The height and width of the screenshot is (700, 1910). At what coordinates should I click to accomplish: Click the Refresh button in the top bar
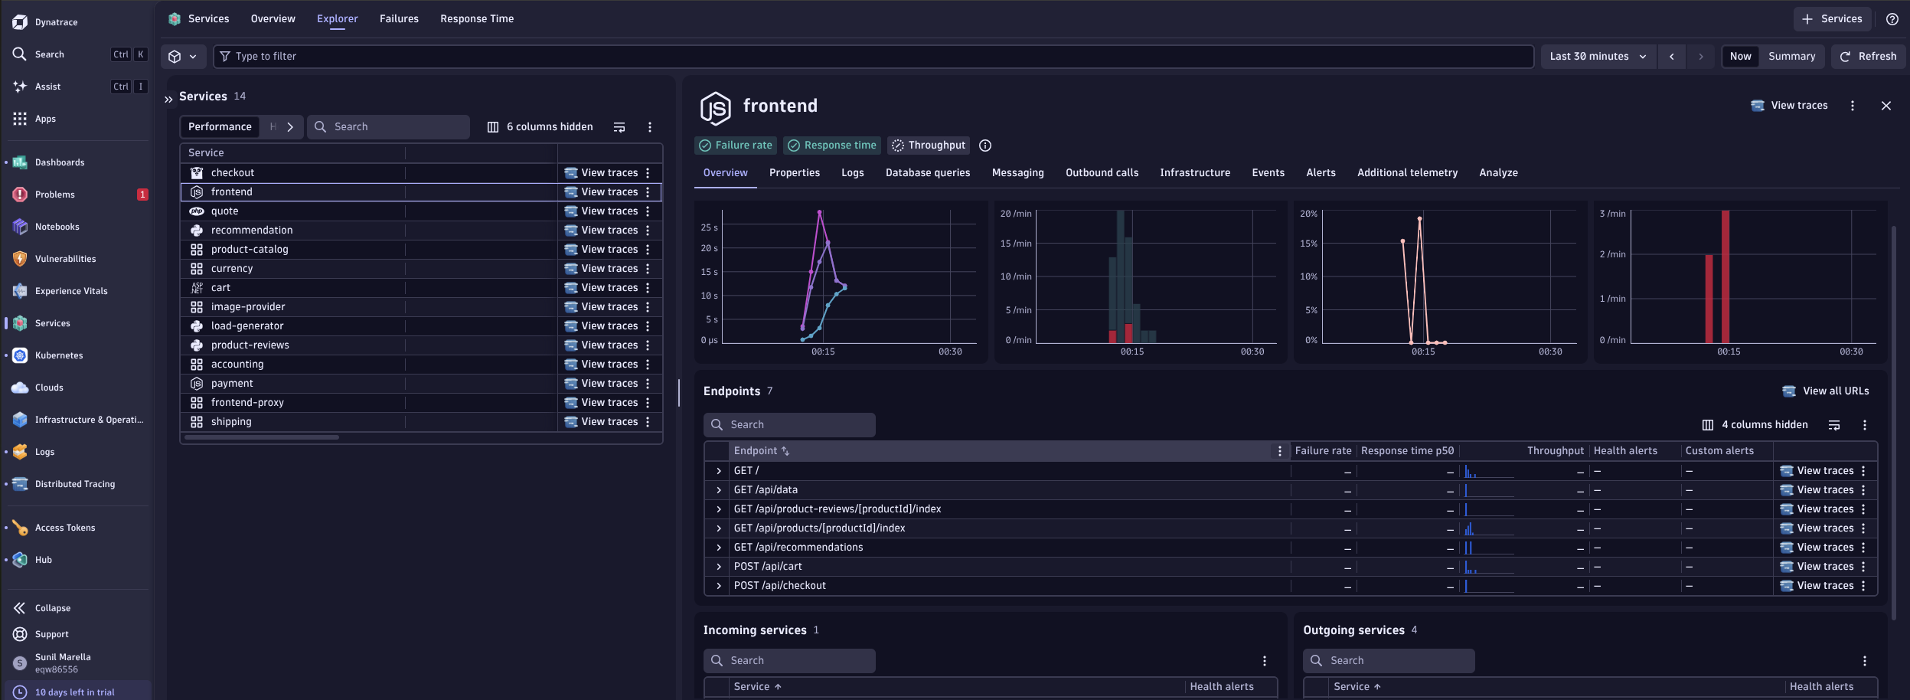click(x=1868, y=56)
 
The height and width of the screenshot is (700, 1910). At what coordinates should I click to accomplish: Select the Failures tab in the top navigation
click(x=399, y=18)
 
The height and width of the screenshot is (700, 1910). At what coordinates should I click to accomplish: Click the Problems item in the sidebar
click(x=55, y=195)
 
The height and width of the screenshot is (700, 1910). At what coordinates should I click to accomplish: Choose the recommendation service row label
click(x=252, y=231)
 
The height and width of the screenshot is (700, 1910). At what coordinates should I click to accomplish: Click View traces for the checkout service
click(x=602, y=173)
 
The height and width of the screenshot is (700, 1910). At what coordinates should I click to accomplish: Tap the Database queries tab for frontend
click(x=928, y=173)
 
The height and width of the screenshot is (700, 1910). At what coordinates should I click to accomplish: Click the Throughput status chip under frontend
click(x=929, y=146)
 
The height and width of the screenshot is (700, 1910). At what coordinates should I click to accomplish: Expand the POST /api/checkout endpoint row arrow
click(x=719, y=586)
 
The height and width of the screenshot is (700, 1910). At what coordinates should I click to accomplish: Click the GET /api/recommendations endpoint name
click(x=798, y=548)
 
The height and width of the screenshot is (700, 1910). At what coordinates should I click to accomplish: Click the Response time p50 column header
click(x=1407, y=451)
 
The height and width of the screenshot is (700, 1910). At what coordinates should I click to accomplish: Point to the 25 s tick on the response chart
click(x=709, y=227)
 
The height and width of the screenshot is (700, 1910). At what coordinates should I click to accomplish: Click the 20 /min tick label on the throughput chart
click(x=1016, y=214)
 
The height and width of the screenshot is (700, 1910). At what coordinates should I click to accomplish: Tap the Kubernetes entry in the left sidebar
click(x=59, y=355)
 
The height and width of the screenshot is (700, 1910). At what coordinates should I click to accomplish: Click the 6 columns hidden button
click(x=540, y=127)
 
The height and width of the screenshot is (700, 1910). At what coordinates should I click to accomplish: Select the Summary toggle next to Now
click(x=1791, y=56)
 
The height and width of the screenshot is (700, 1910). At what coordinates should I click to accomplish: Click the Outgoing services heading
click(x=1353, y=630)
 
